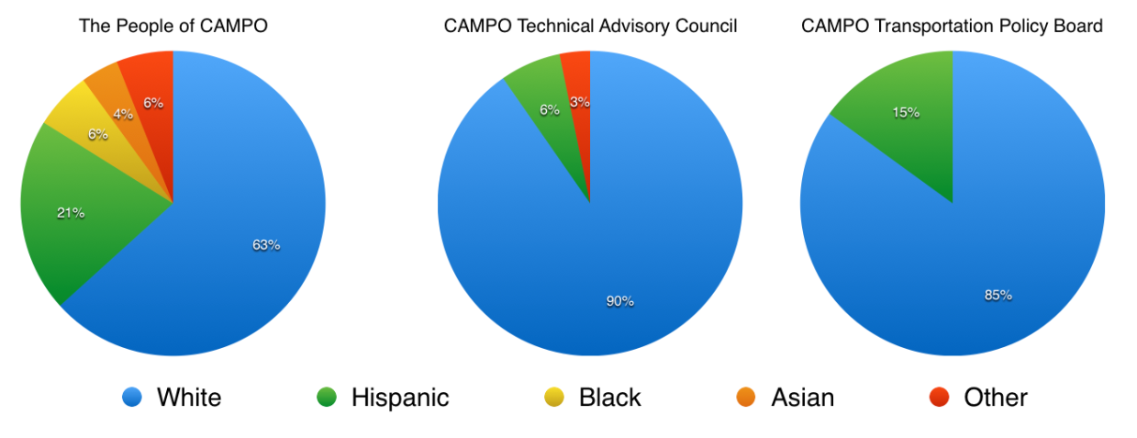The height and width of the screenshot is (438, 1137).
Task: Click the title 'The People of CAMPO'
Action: [x=173, y=26]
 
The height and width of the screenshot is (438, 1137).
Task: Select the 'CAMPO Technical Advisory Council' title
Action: [x=590, y=26]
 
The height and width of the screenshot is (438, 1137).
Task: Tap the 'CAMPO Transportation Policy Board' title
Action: [x=952, y=26]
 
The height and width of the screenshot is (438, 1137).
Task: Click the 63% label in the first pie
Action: [x=266, y=245]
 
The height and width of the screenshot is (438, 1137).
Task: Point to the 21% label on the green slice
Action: [x=71, y=213]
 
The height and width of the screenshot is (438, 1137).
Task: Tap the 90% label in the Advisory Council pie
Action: [x=619, y=301]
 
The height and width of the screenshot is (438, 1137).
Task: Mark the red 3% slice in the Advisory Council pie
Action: [x=579, y=92]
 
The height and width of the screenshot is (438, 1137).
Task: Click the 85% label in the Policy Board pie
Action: [x=998, y=295]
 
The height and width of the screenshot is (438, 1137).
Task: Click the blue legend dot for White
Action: [x=131, y=397]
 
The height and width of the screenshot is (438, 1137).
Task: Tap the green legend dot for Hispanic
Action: [x=326, y=397]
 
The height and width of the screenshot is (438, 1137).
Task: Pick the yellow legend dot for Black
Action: [x=553, y=397]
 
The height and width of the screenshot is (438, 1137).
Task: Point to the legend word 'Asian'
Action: [x=803, y=398]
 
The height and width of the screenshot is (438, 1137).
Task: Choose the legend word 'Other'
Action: [x=996, y=398]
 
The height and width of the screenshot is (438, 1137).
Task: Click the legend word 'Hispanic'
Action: [x=400, y=398]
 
